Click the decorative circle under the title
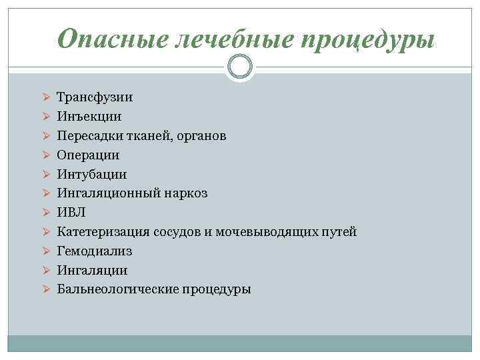tap(239, 67)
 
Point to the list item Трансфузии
tap(95, 97)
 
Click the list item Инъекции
tap(89, 117)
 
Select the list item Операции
tap(89, 155)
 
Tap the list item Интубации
tap(92, 175)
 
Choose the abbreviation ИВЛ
tap(71, 213)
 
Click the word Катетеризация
tap(103, 232)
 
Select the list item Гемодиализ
tap(95, 251)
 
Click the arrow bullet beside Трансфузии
tap(45, 97)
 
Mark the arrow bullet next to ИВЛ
tap(45, 213)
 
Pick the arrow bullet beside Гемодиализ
tap(45, 251)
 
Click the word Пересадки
tap(87, 136)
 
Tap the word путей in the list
tap(340, 232)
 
